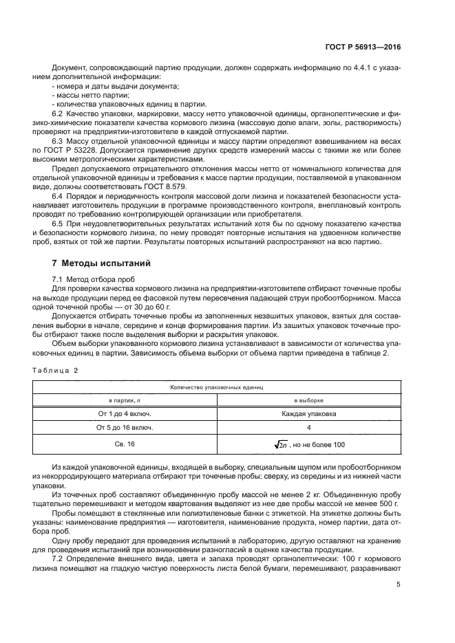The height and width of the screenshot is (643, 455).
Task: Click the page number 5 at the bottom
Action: (399, 585)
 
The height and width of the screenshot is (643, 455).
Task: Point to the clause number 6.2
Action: (59, 112)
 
